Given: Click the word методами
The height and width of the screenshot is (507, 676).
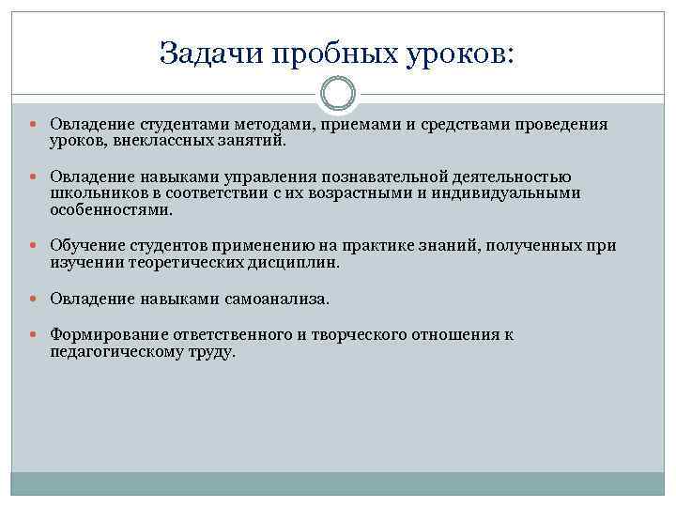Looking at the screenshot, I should pyautogui.click(x=273, y=125).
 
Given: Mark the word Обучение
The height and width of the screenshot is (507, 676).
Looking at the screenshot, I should pyautogui.click(x=85, y=246).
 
